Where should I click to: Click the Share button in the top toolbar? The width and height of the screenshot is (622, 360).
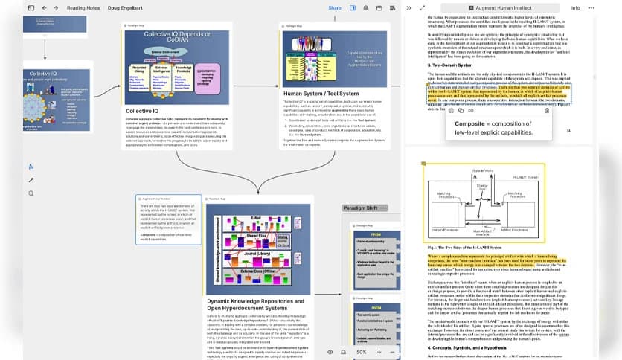[335, 7]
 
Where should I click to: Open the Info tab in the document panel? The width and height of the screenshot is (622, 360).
[575, 7]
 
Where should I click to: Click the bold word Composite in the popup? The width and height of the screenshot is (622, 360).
[470, 123]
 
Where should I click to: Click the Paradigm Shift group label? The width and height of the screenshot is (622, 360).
[361, 208]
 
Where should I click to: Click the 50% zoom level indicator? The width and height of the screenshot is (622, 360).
[362, 351]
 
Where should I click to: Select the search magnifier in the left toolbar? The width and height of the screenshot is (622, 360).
[31, 193]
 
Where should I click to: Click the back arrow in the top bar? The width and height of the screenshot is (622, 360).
[45, 7]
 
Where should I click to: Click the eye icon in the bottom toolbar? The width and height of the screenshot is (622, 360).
[330, 351]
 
